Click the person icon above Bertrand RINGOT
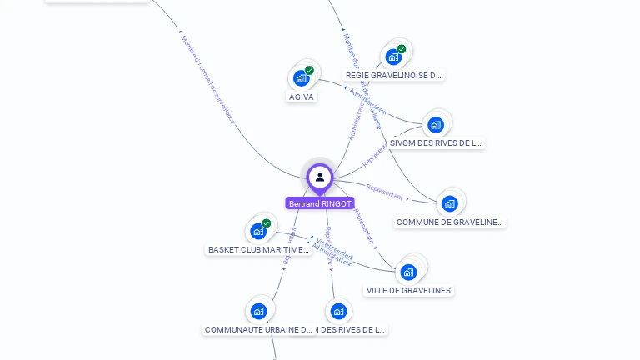coord(320,177)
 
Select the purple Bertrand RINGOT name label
coord(320,203)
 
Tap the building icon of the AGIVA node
coord(301,78)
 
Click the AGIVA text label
coord(301,97)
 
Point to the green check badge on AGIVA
coord(309,71)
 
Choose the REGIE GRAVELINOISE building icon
coord(393,57)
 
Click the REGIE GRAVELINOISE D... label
coord(393,75)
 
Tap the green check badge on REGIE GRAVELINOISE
coord(402,49)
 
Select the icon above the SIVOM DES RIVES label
coord(435,125)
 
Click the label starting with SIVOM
coord(436,143)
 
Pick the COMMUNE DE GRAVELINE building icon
coord(450,203)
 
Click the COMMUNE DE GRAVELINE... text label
coord(450,222)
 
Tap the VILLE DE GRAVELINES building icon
coord(408,272)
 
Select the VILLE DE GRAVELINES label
coord(408,291)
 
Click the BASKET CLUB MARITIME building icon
coord(258,231)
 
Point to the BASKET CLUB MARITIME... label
coord(258,249)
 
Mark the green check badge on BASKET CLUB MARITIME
coord(267,223)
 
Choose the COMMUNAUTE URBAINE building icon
coord(258,312)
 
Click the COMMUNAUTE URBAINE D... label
coord(258,330)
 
